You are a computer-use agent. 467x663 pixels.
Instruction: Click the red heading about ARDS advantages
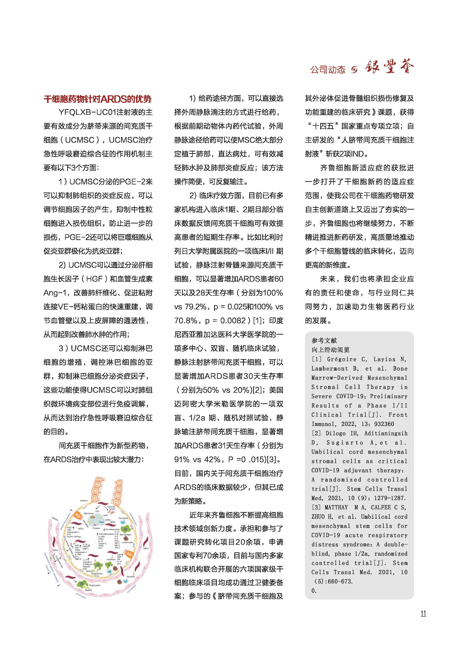coord(97,99)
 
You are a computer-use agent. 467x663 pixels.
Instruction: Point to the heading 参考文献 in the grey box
coord(324,341)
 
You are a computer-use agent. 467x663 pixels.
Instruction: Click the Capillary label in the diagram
coord(55,519)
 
